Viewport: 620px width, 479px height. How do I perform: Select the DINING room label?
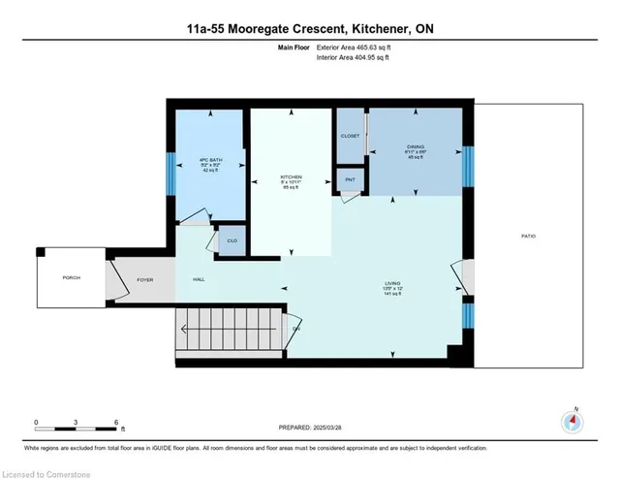416,150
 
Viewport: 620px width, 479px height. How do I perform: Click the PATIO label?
528,237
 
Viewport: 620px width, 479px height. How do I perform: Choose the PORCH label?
72,278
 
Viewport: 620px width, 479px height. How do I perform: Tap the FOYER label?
145,279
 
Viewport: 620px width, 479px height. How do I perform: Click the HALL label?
199,279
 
